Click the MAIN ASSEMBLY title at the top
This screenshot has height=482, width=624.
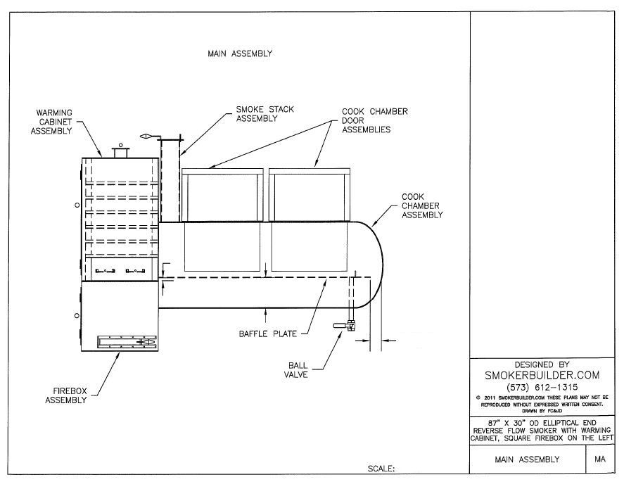[239, 53]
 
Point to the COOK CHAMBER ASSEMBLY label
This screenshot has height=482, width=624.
[422, 205]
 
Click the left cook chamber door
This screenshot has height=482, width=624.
[222, 196]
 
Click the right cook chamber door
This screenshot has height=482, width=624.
[309, 196]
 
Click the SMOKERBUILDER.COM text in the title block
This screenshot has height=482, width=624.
[542, 376]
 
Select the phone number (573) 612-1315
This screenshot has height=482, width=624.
[542, 388]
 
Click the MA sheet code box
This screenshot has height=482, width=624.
[600, 459]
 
